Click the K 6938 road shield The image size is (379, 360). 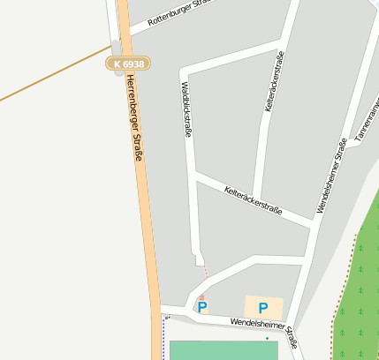pos(129,64)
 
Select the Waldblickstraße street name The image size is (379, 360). pos(186,109)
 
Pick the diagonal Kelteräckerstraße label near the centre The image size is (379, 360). pos(253,200)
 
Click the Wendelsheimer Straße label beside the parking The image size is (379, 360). pos(263,330)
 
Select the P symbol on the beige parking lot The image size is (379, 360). pos(262,308)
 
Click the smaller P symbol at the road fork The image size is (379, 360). pos(202,308)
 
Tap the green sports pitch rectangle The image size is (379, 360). pos(221,350)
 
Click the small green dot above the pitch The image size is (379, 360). pos(267,337)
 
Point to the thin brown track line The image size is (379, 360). pos(53,73)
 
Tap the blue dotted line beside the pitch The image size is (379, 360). pos(164,340)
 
